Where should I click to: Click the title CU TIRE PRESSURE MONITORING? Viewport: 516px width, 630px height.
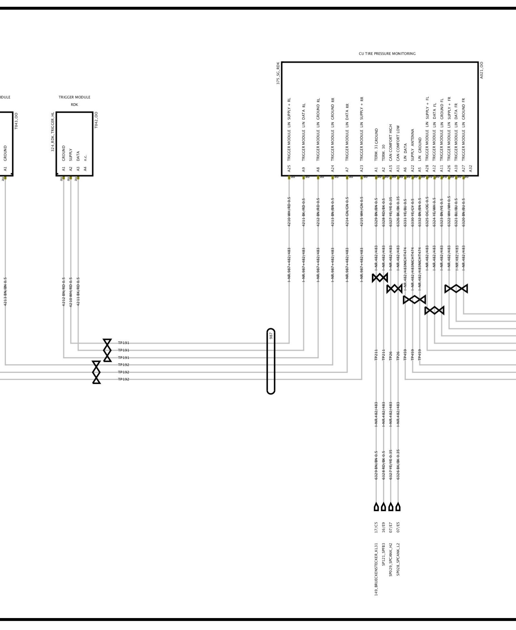(x=387, y=54)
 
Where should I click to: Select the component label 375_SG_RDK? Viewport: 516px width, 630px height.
(x=278, y=73)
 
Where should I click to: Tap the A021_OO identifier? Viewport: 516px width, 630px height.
(x=481, y=70)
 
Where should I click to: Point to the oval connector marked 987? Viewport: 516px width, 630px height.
(x=271, y=361)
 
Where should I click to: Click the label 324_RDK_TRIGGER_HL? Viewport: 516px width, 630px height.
(x=53, y=132)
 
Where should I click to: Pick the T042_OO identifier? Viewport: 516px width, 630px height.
(x=96, y=120)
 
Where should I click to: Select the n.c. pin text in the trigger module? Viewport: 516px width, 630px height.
(x=85, y=158)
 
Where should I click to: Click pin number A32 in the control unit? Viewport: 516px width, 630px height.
(x=471, y=168)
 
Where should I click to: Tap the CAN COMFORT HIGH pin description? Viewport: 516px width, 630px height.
(x=391, y=143)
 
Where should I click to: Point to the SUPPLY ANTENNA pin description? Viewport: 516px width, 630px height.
(x=413, y=145)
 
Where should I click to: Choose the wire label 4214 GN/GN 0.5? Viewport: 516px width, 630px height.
(x=347, y=212)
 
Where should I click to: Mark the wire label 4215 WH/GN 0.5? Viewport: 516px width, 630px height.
(x=362, y=212)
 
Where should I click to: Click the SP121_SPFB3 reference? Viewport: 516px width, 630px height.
(x=383, y=554)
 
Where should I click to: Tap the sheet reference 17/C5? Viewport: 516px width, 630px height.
(x=376, y=527)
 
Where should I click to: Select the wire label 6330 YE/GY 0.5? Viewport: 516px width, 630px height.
(x=413, y=212)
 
